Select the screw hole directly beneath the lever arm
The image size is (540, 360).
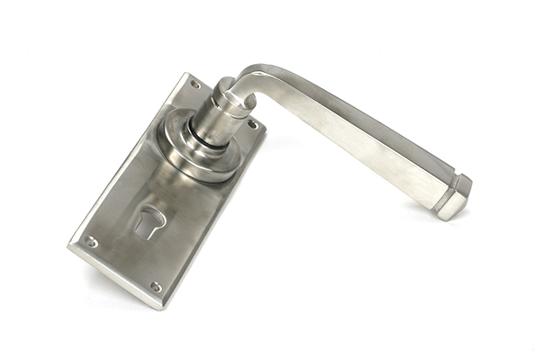[x=252, y=123]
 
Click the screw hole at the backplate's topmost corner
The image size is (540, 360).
[x=195, y=85]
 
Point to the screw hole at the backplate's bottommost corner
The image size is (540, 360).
[x=156, y=287]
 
